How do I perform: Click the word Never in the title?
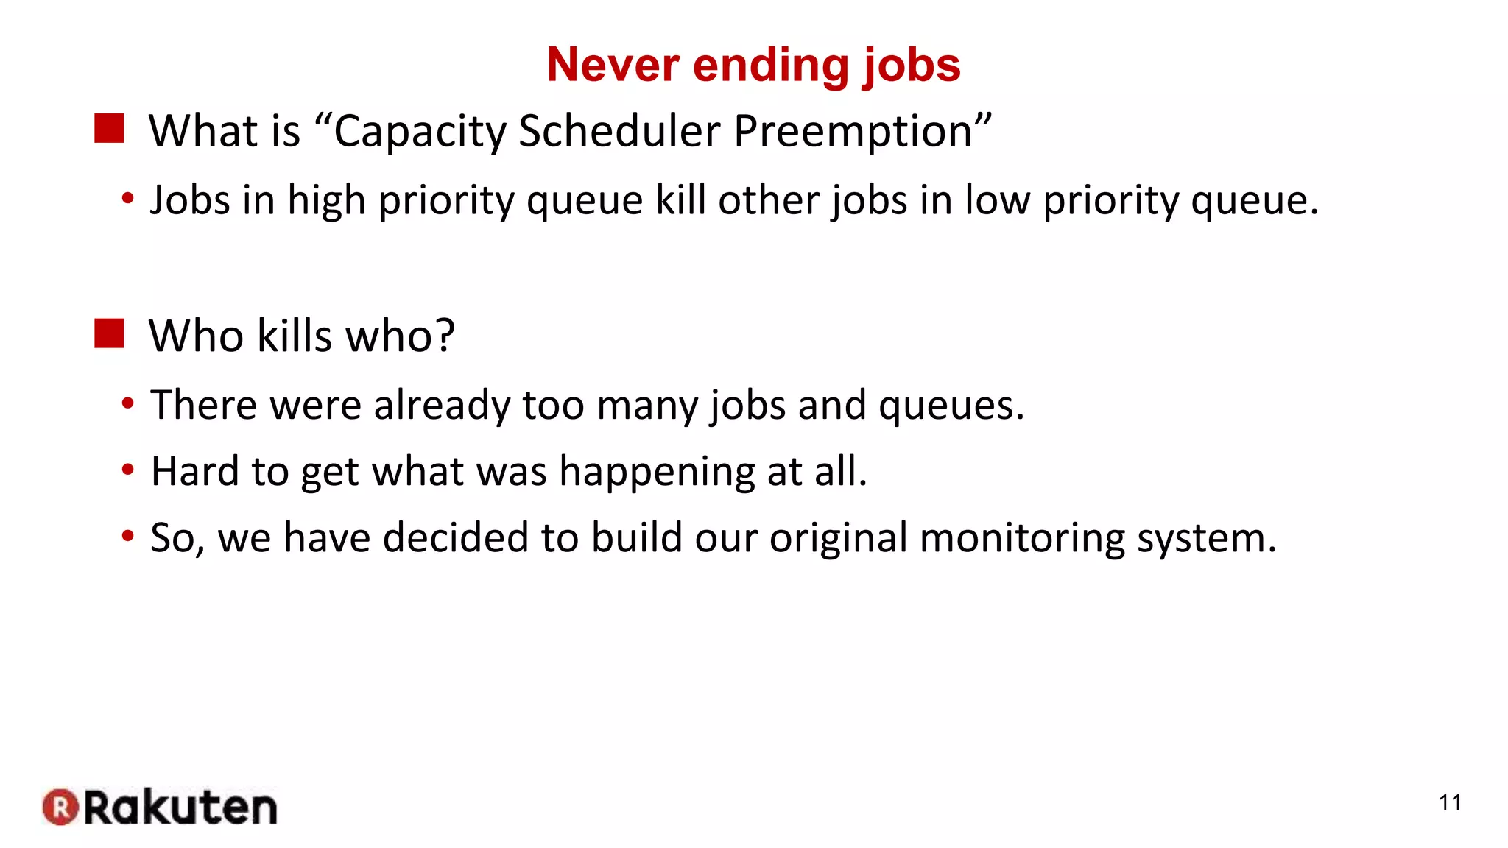613,65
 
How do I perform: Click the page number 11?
1450,802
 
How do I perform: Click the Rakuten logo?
161,808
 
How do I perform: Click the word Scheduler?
619,131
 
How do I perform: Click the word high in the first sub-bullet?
326,200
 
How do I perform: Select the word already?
441,406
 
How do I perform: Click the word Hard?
194,471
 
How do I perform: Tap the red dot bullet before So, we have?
128,535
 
